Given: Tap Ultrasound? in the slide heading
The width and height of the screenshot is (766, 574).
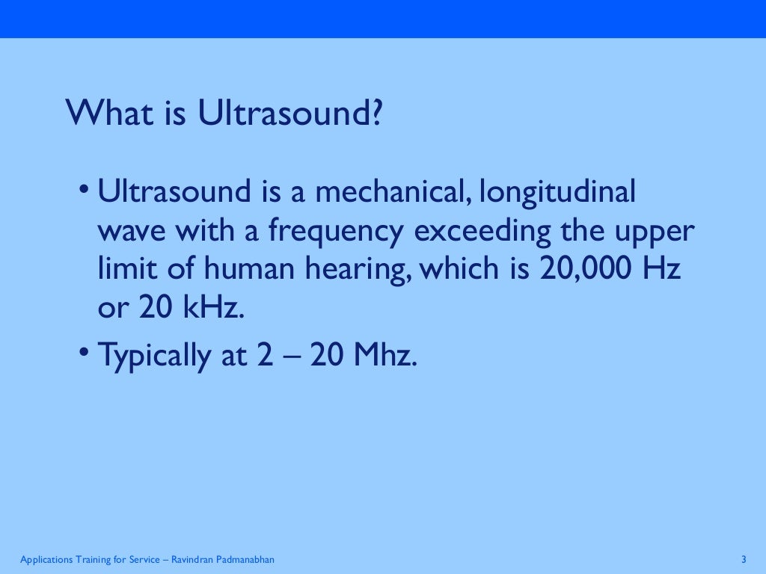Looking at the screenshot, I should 291,113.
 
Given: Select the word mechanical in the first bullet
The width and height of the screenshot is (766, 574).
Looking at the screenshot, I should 389,192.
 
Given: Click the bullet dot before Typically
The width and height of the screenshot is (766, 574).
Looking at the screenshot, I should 87,351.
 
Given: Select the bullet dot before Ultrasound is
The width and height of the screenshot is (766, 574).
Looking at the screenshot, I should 87,188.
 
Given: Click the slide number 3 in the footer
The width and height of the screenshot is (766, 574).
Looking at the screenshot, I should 744,560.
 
